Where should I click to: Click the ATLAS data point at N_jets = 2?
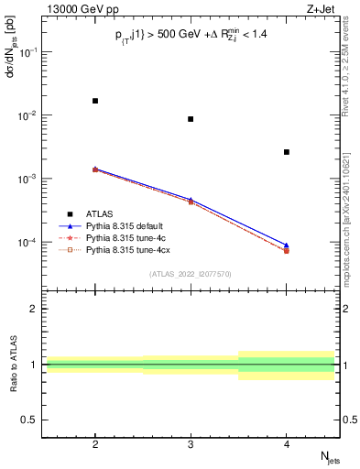95,101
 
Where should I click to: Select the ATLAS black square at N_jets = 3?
191,119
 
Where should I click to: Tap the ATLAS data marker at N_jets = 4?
287,152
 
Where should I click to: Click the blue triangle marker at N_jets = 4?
287,245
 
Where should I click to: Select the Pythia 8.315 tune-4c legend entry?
125,237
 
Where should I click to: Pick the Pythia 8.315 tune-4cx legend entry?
126,249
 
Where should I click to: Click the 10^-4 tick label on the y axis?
29,243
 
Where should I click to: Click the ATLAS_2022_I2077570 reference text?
191,274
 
